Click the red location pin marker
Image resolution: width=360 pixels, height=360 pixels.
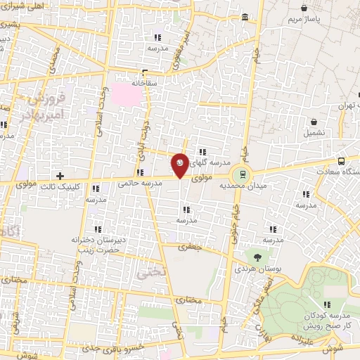180,165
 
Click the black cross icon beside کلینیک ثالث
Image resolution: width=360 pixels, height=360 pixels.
60,175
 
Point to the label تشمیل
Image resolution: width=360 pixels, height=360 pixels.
316,132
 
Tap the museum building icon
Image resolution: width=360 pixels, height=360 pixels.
245,17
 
